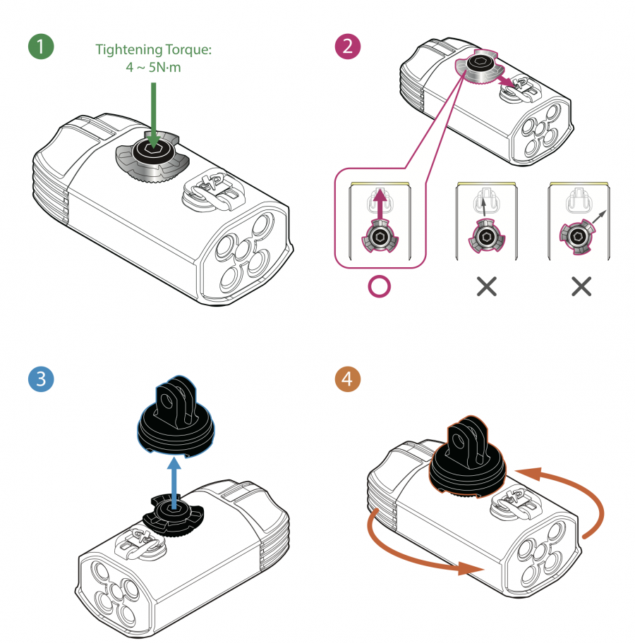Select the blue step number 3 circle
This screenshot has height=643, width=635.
[x=40, y=378]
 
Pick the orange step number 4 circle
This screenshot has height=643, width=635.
[x=347, y=379]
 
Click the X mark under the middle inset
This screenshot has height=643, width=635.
[x=486, y=286]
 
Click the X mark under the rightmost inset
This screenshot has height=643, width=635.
[x=580, y=286]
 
